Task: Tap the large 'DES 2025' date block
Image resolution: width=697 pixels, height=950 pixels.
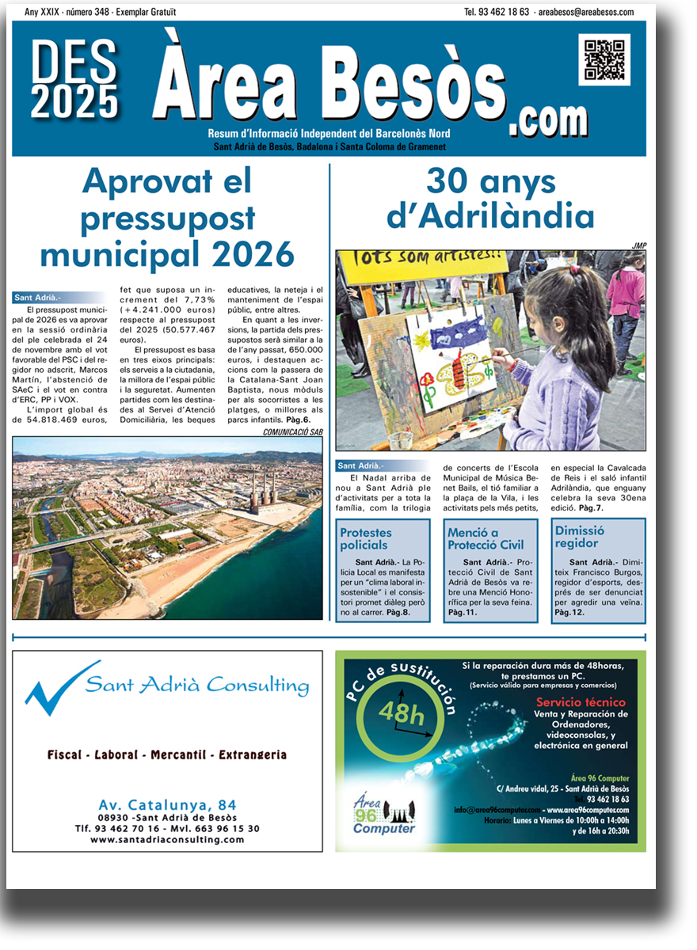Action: [75, 79]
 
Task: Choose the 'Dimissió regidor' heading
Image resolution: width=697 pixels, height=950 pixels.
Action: [580, 537]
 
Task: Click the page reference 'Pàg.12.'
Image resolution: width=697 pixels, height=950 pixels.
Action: [569, 612]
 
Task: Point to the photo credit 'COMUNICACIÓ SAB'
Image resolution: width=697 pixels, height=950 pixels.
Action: [292, 432]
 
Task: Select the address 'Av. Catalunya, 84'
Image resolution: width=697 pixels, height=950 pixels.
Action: [167, 806]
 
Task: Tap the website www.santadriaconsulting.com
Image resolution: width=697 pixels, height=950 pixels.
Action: [167, 839]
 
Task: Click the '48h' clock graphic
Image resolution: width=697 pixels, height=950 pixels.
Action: [402, 713]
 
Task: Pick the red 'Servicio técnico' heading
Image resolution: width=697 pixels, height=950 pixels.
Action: [581, 702]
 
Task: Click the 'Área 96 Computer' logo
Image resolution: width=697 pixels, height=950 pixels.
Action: [383, 815]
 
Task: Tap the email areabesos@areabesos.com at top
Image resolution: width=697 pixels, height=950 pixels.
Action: [585, 12]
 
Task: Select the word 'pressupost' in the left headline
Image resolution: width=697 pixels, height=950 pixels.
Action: [167, 218]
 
